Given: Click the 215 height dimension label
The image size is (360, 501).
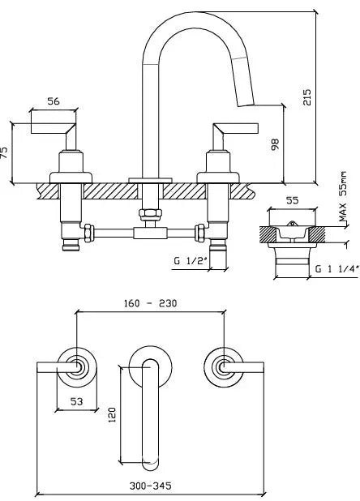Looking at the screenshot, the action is pyautogui.click(x=307, y=97).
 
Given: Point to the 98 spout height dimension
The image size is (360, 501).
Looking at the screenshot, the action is pyautogui.click(x=275, y=144).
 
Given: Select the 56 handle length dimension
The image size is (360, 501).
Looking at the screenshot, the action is pyautogui.click(x=54, y=101).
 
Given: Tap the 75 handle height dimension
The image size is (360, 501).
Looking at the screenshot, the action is pyautogui.click(x=5, y=152).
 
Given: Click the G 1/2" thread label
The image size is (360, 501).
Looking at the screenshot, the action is pyautogui.click(x=191, y=261).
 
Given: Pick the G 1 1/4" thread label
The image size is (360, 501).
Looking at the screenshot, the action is pyautogui.click(x=336, y=268).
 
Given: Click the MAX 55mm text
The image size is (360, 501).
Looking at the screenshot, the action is pyautogui.click(x=342, y=196).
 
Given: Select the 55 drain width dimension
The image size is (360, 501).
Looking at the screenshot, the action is pyautogui.click(x=292, y=201).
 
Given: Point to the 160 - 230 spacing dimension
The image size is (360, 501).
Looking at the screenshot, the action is pyautogui.click(x=150, y=303).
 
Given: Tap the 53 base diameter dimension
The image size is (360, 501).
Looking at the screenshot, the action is pyautogui.click(x=77, y=401).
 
